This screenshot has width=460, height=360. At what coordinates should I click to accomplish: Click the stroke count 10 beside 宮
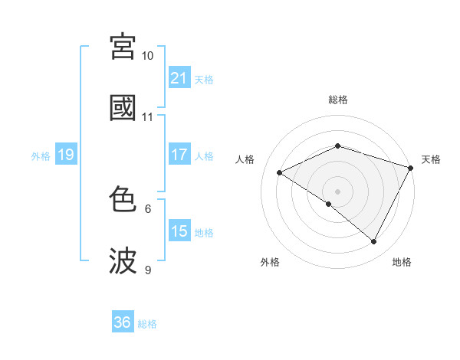pos(147,56)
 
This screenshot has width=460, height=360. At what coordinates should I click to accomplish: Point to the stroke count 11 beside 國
pos(147,117)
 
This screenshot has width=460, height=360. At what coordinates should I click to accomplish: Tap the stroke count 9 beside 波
pos(147,270)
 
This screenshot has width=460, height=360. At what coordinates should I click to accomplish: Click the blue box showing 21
pos(179,78)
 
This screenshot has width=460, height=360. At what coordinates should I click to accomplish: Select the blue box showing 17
pos(179,155)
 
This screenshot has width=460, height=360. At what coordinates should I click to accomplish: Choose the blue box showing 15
pos(179,231)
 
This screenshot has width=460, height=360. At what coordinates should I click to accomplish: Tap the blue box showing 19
pos(65,155)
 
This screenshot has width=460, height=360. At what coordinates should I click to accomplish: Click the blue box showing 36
pos(123,322)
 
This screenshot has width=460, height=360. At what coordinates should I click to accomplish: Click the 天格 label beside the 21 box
pos(204,79)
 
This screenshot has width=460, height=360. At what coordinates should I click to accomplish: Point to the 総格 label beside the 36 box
pos(147,323)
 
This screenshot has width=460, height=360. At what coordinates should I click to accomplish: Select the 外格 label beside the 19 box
pos(41,156)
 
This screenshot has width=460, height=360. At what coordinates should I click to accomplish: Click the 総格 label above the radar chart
pos(338,100)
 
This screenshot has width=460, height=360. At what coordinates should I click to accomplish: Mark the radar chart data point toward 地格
pos(374,242)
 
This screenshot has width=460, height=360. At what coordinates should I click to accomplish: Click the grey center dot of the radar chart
pos(338,191)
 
